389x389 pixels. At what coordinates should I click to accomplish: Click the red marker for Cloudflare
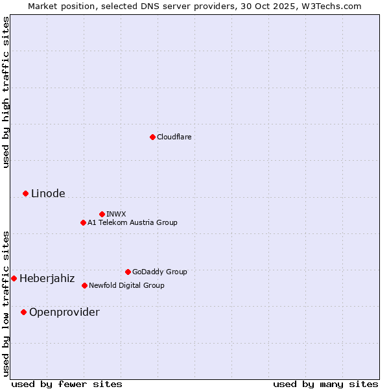coord(152,137)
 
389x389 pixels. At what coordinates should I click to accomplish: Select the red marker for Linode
coord(25,193)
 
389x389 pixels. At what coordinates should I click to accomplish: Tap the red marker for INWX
coord(102,214)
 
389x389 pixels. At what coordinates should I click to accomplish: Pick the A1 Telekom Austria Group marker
coord(83,222)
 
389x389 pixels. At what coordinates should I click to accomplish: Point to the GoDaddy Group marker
coord(128,272)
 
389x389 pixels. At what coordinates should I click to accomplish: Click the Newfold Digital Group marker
coord(84,285)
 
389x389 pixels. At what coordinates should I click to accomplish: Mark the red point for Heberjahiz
coord(14,278)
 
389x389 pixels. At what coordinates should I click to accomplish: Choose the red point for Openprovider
coord(23,312)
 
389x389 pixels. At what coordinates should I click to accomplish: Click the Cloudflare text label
coord(174,137)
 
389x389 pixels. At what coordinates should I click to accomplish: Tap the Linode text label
coord(48,193)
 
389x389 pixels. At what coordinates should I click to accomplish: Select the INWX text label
coord(116,214)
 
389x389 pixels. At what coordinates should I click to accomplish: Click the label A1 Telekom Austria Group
coord(132,222)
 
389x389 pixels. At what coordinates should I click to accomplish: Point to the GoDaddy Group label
coord(159,272)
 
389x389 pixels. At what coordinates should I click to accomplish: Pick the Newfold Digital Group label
coord(126,285)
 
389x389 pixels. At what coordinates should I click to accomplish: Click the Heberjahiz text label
coord(47,278)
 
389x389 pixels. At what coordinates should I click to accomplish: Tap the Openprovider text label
coord(64,312)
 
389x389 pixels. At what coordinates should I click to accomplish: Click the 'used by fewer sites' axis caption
coord(67,384)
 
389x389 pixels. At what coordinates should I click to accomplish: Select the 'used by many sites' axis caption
coord(325,384)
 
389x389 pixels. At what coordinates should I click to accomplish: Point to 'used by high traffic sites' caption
coord(6,92)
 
